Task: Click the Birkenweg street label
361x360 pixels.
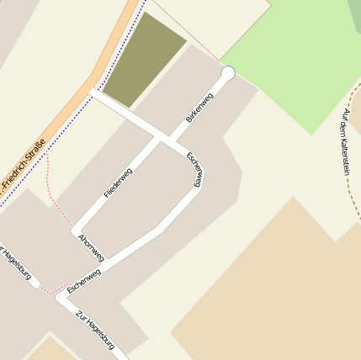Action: click(199, 108)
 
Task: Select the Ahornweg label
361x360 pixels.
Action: click(91, 247)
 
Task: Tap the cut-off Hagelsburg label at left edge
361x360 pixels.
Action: click(17, 264)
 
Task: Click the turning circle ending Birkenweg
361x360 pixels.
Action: click(227, 73)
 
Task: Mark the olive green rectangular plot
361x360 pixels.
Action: click(143, 60)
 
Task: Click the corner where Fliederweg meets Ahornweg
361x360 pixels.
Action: click(77, 230)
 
